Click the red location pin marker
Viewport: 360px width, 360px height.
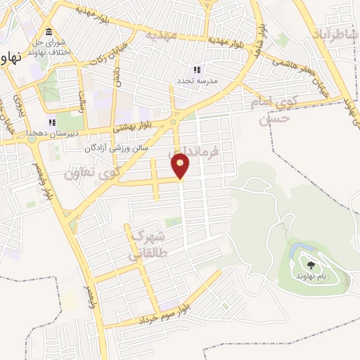pyautogui.click(x=181, y=166)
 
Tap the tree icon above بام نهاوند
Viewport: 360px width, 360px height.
pyautogui.click(x=311, y=265)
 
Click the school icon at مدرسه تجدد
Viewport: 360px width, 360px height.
pyautogui.click(x=197, y=70)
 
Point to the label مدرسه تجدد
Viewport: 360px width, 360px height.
pyautogui.click(x=197, y=80)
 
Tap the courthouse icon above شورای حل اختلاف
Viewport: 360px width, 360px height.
pyautogui.click(x=49, y=32)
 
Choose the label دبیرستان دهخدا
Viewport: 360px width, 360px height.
pyautogui.click(x=51, y=133)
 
